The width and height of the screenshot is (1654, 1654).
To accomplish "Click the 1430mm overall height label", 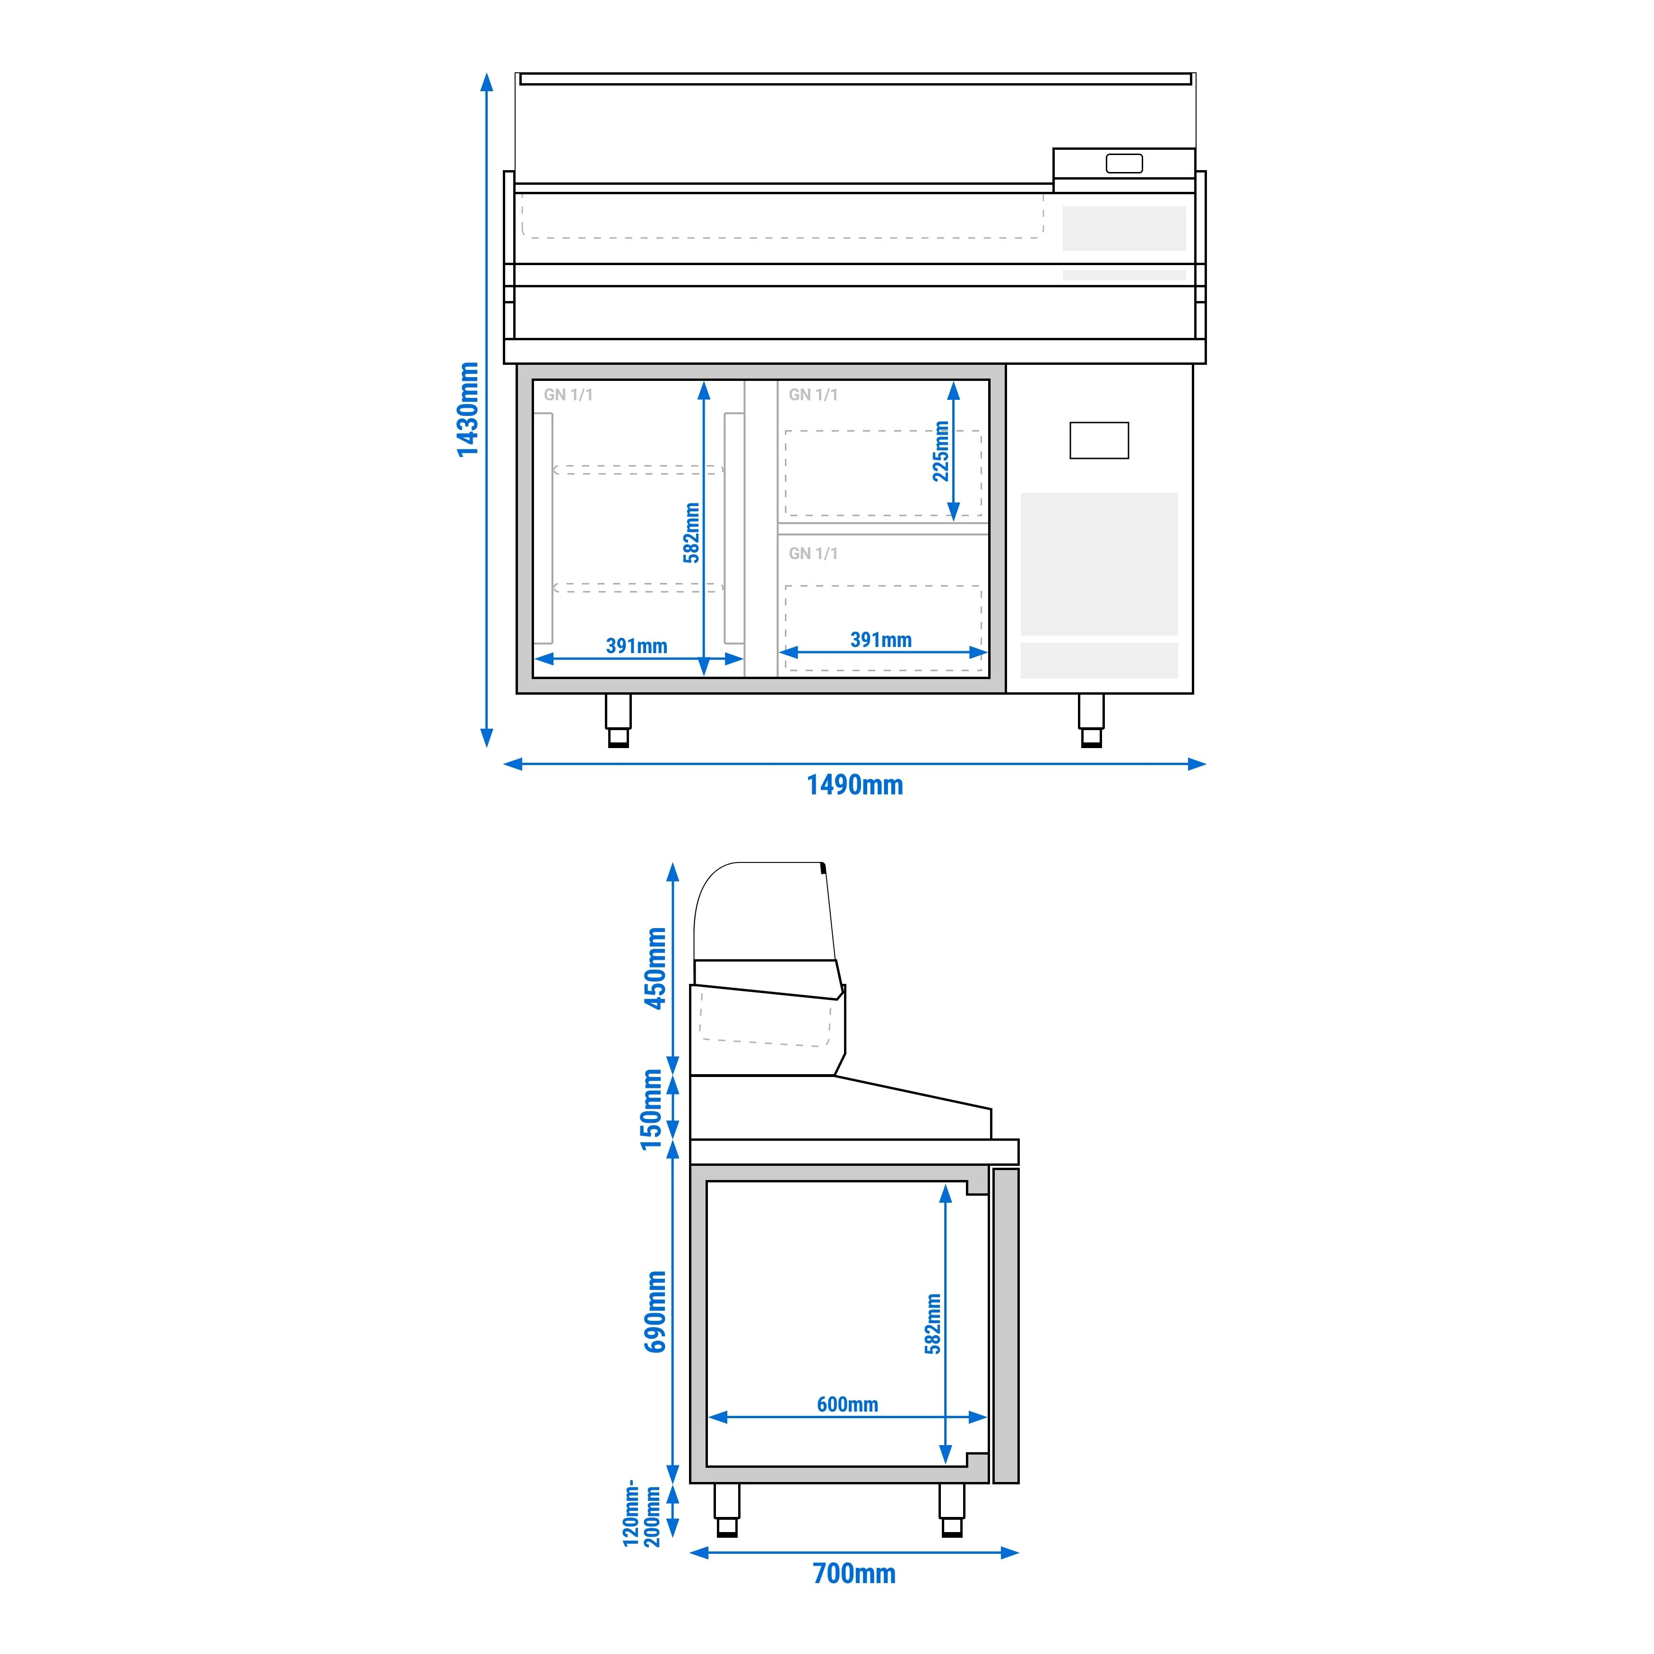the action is coord(467,409).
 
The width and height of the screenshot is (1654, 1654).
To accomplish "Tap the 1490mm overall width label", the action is coord(854,785).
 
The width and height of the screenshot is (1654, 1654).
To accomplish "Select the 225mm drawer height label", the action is coord(941,451).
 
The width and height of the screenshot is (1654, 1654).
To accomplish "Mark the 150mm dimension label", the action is coord(652,1110).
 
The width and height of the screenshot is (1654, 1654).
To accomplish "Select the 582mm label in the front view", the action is coord(691,533).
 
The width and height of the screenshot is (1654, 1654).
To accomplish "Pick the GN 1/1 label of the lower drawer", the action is coord(813,553).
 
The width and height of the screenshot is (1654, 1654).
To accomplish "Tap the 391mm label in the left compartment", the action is coord(636,646).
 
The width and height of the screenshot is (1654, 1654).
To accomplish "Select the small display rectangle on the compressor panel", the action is coord(1099,440).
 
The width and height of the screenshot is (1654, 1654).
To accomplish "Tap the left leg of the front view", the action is coord(618,720).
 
